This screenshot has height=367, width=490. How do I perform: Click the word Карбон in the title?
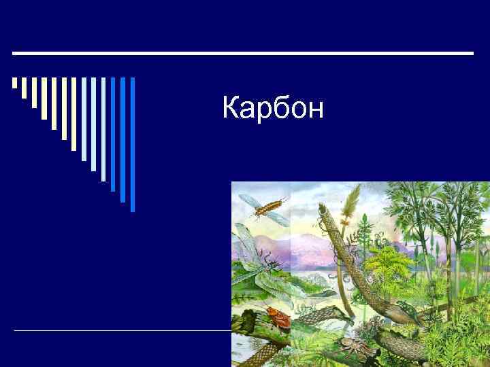(x=273, y=108)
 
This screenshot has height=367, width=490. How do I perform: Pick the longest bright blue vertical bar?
(x=133, y=144)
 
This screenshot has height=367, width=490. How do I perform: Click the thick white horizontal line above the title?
(x=243, y=53)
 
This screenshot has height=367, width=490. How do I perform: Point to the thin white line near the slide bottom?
(x=122, y=330)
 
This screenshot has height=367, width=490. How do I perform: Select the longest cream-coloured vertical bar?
(x=74, y=113)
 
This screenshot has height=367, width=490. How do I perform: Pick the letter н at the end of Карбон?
(x=314, y=109)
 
